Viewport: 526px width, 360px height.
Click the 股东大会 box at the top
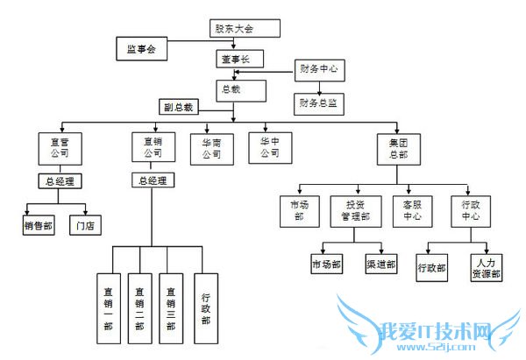244,29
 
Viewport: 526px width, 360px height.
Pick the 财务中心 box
319,67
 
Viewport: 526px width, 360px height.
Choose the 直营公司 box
60,146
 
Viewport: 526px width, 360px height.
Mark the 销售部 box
39,225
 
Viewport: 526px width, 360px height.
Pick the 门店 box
86,225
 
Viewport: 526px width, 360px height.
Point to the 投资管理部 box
356,210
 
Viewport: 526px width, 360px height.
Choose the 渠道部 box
380,264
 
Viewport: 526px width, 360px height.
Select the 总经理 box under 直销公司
152,180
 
